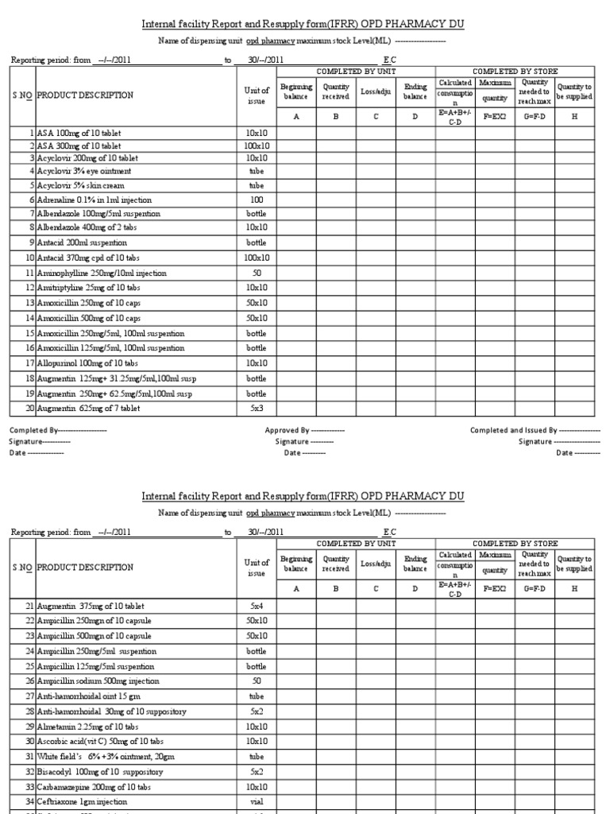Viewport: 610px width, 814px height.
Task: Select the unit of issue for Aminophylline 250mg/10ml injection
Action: tap(257, 273)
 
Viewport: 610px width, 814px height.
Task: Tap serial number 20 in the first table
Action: tap(30, 409)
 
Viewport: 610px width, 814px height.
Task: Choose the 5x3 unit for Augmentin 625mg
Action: tap(257, 409)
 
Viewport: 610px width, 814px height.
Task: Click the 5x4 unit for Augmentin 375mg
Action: tap(257, 607)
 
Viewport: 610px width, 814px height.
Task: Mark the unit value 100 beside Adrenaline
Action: tap(257, 200)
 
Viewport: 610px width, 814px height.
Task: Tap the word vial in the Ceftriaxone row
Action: tap(257, 800)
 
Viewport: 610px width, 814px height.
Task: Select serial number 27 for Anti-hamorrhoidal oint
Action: tap(30, 696)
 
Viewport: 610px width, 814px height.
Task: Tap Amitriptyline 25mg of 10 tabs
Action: tap(88, 287)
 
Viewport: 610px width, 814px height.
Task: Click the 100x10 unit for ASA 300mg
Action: tap(257, 146)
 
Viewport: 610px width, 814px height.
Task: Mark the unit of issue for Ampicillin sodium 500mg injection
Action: tap(257, 681)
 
